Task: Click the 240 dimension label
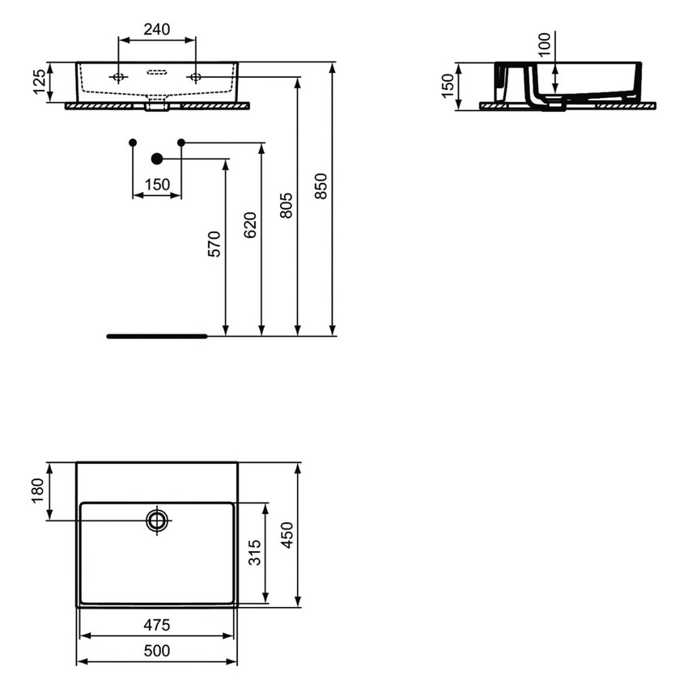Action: pyautogui.click(x=156, y=30)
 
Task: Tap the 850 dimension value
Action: pyautogui.click(x=321, y=187)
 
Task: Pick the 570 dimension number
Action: pyautogui.click(x=214, y=244)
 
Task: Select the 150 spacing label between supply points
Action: pyautogui.click(x=157, y=185)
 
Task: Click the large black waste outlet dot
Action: pyautogui.click(x=157, y=159)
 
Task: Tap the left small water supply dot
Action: pyautogui.click(x=133, y=142)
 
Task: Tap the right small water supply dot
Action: pyautogui.click(x=181, y=142)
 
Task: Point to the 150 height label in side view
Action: pyautogui.click(x=448, y=86)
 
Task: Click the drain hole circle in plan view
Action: pyautogui.click(x=157, y=520)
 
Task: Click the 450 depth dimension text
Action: pyautogui.click(x=287, y=535)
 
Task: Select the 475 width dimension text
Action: pyautogui.click(x=157, y=625)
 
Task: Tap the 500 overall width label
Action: pyautogui.click(x=157, y=651)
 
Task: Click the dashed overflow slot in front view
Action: pyautogui.click(x=157, y=72)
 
